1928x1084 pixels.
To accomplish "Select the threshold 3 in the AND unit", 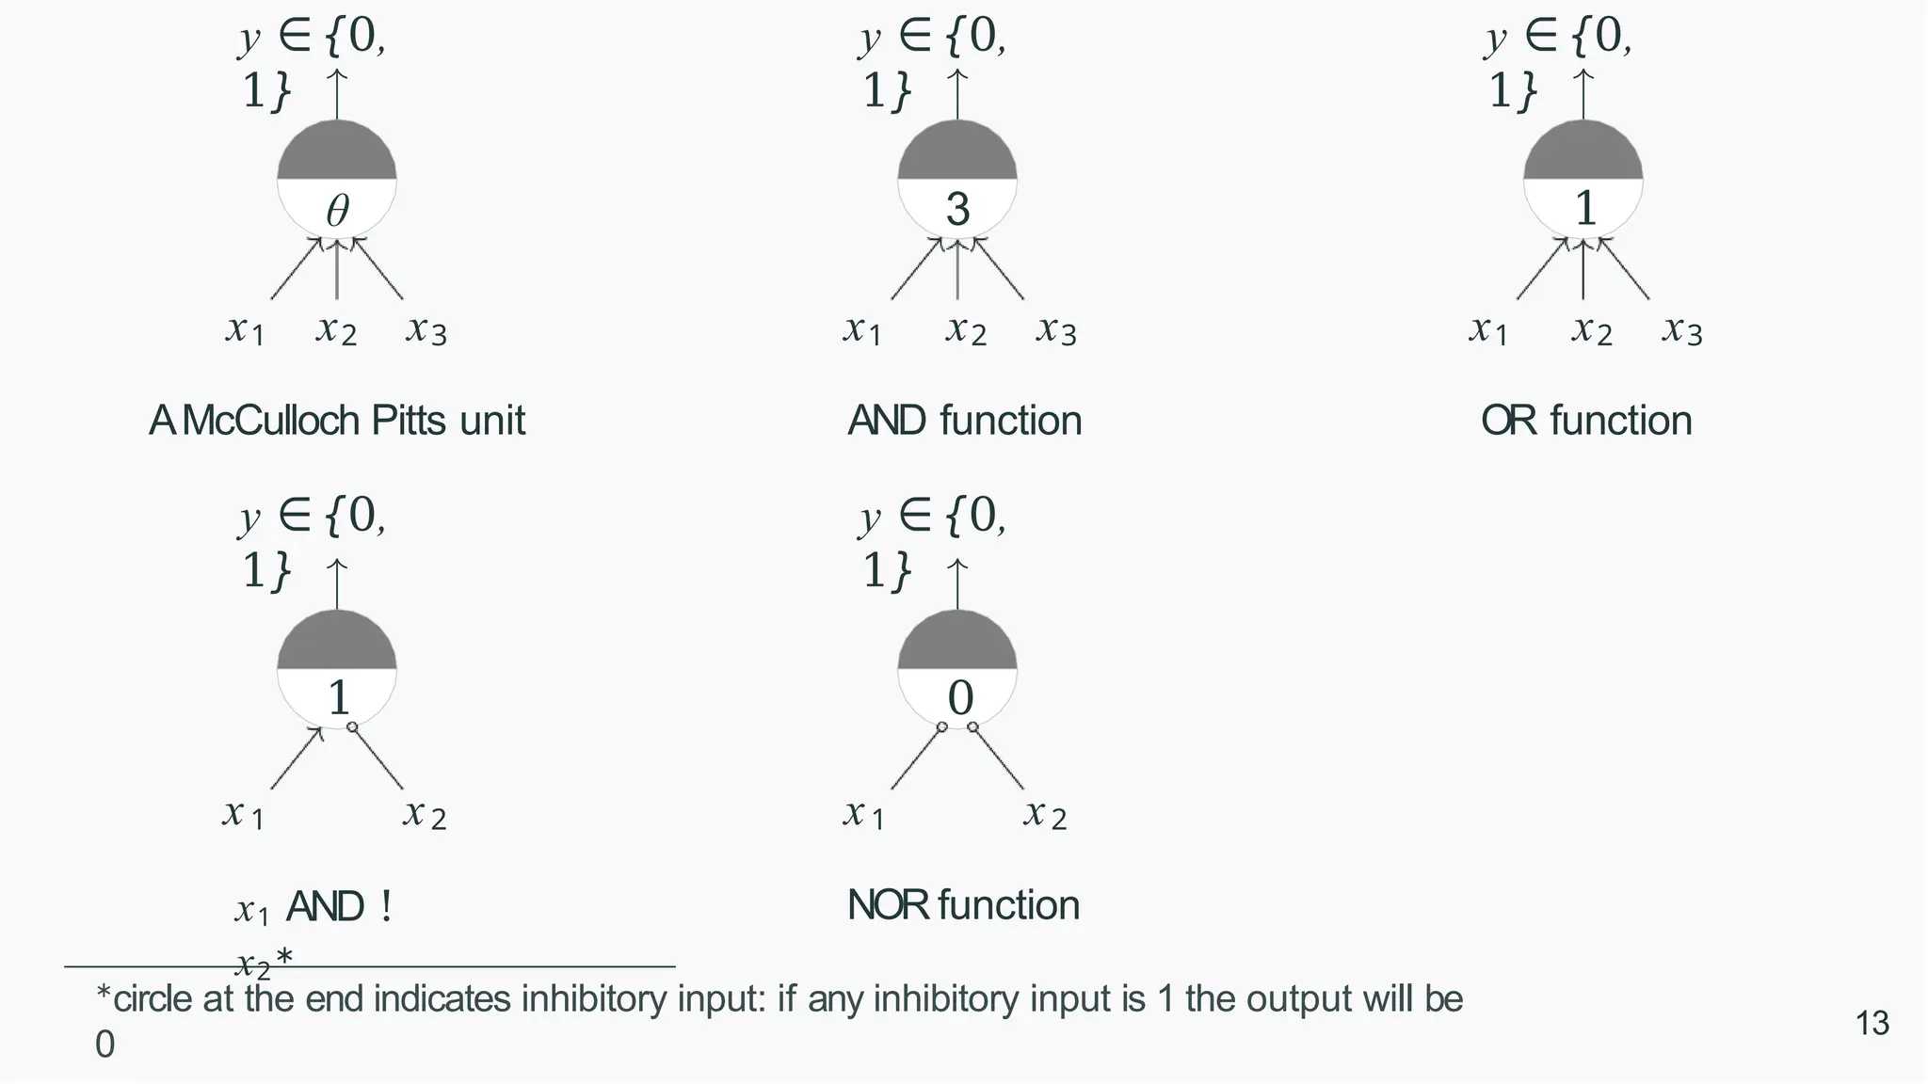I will click(957, 209).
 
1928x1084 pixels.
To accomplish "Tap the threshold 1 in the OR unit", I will click(1585, 209).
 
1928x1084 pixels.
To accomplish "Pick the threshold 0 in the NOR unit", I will click(959, 698).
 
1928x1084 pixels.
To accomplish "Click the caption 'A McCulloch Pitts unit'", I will click(337, 421).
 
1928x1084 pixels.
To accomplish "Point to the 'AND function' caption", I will click(964, 421).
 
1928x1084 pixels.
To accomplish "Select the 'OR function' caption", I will click(1586, 421).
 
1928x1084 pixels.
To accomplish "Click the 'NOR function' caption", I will click(963, 905).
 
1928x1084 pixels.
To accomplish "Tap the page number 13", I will click(1872, 1023).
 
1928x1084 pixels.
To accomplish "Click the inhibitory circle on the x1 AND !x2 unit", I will click(352, 727).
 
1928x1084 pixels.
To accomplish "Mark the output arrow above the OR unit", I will click(1583, 94).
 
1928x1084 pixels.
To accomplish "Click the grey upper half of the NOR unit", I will click(957, 643).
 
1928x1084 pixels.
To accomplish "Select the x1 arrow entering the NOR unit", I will click(915, 758).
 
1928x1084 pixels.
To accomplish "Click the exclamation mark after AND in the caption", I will click(386, 907).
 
